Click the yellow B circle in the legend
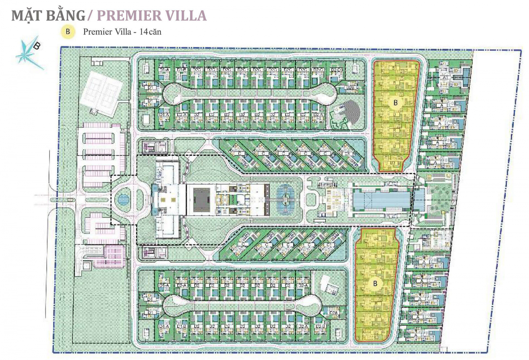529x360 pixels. pyautogui.click(x=68, y=32)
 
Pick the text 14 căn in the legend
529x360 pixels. pyautogui.click(x=150, y=32)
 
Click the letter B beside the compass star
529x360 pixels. pyautogui.click(x=37, y=46)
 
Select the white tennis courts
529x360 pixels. pyautogui.click(x=102, y=92)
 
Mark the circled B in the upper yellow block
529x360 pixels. pyautogui.click(x=395, y=103)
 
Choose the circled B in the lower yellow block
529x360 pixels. pyautogui.click(x=375, y=283)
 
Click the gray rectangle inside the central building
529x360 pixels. pyautogui.click(x=202, y=200)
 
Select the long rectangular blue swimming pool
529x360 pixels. pyautogui.click(x=382, y=200)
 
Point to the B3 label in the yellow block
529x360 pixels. pyautogui.click(x=393, y=163)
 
